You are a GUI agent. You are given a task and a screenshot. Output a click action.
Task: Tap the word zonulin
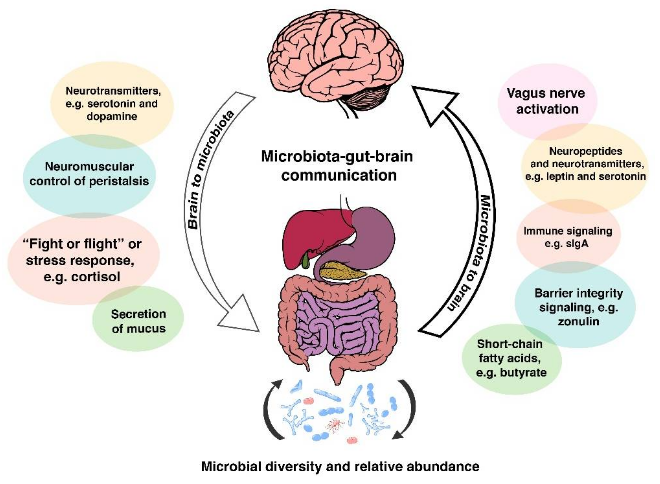coord(578,321)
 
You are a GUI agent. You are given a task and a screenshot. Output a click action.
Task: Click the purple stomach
coord(371,232)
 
